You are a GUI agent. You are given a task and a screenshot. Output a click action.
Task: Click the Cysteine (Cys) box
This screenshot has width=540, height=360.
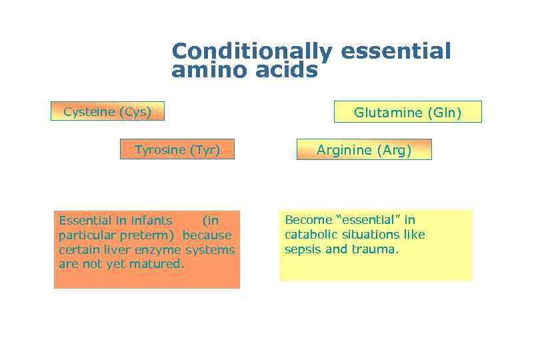click(x=107, y=111)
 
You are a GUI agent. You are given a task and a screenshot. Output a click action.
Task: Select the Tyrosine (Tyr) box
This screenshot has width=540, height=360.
click(x=178, y=149)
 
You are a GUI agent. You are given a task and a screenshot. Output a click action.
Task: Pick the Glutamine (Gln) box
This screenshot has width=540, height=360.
click(x=407, y=113)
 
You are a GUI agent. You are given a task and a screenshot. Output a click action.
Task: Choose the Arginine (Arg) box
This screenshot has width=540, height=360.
click(x=364, y=150)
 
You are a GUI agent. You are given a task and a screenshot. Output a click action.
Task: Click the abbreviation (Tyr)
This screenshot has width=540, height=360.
click(x=205, y=149)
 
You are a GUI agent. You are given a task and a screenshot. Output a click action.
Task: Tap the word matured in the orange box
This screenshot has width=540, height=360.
click(x=159, y=264)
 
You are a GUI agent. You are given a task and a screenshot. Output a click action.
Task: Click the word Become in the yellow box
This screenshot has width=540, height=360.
click(x=305, y=219)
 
